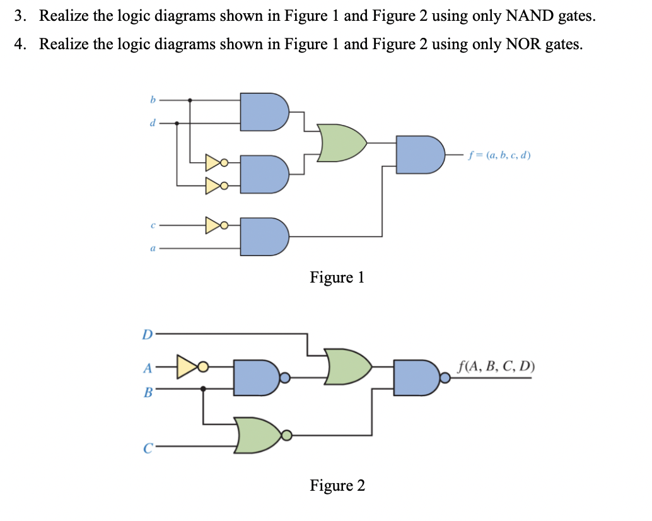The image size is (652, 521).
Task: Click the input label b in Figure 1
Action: pos(152,99)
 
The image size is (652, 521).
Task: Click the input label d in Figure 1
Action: pos(152,123)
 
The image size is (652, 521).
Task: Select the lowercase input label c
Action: pos(152,224)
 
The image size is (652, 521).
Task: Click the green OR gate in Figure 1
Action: pos(341,143)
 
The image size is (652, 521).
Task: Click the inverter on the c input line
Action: pos(214,224)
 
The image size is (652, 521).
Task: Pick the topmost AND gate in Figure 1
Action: pos(264,112)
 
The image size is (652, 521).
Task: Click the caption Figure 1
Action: pos(337,278)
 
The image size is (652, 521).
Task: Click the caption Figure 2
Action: pos(337,485)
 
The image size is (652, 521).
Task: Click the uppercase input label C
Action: pos(148,449)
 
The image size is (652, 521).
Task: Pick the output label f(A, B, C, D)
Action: pos(497,365)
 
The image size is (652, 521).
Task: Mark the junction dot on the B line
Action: pos(203,389)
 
